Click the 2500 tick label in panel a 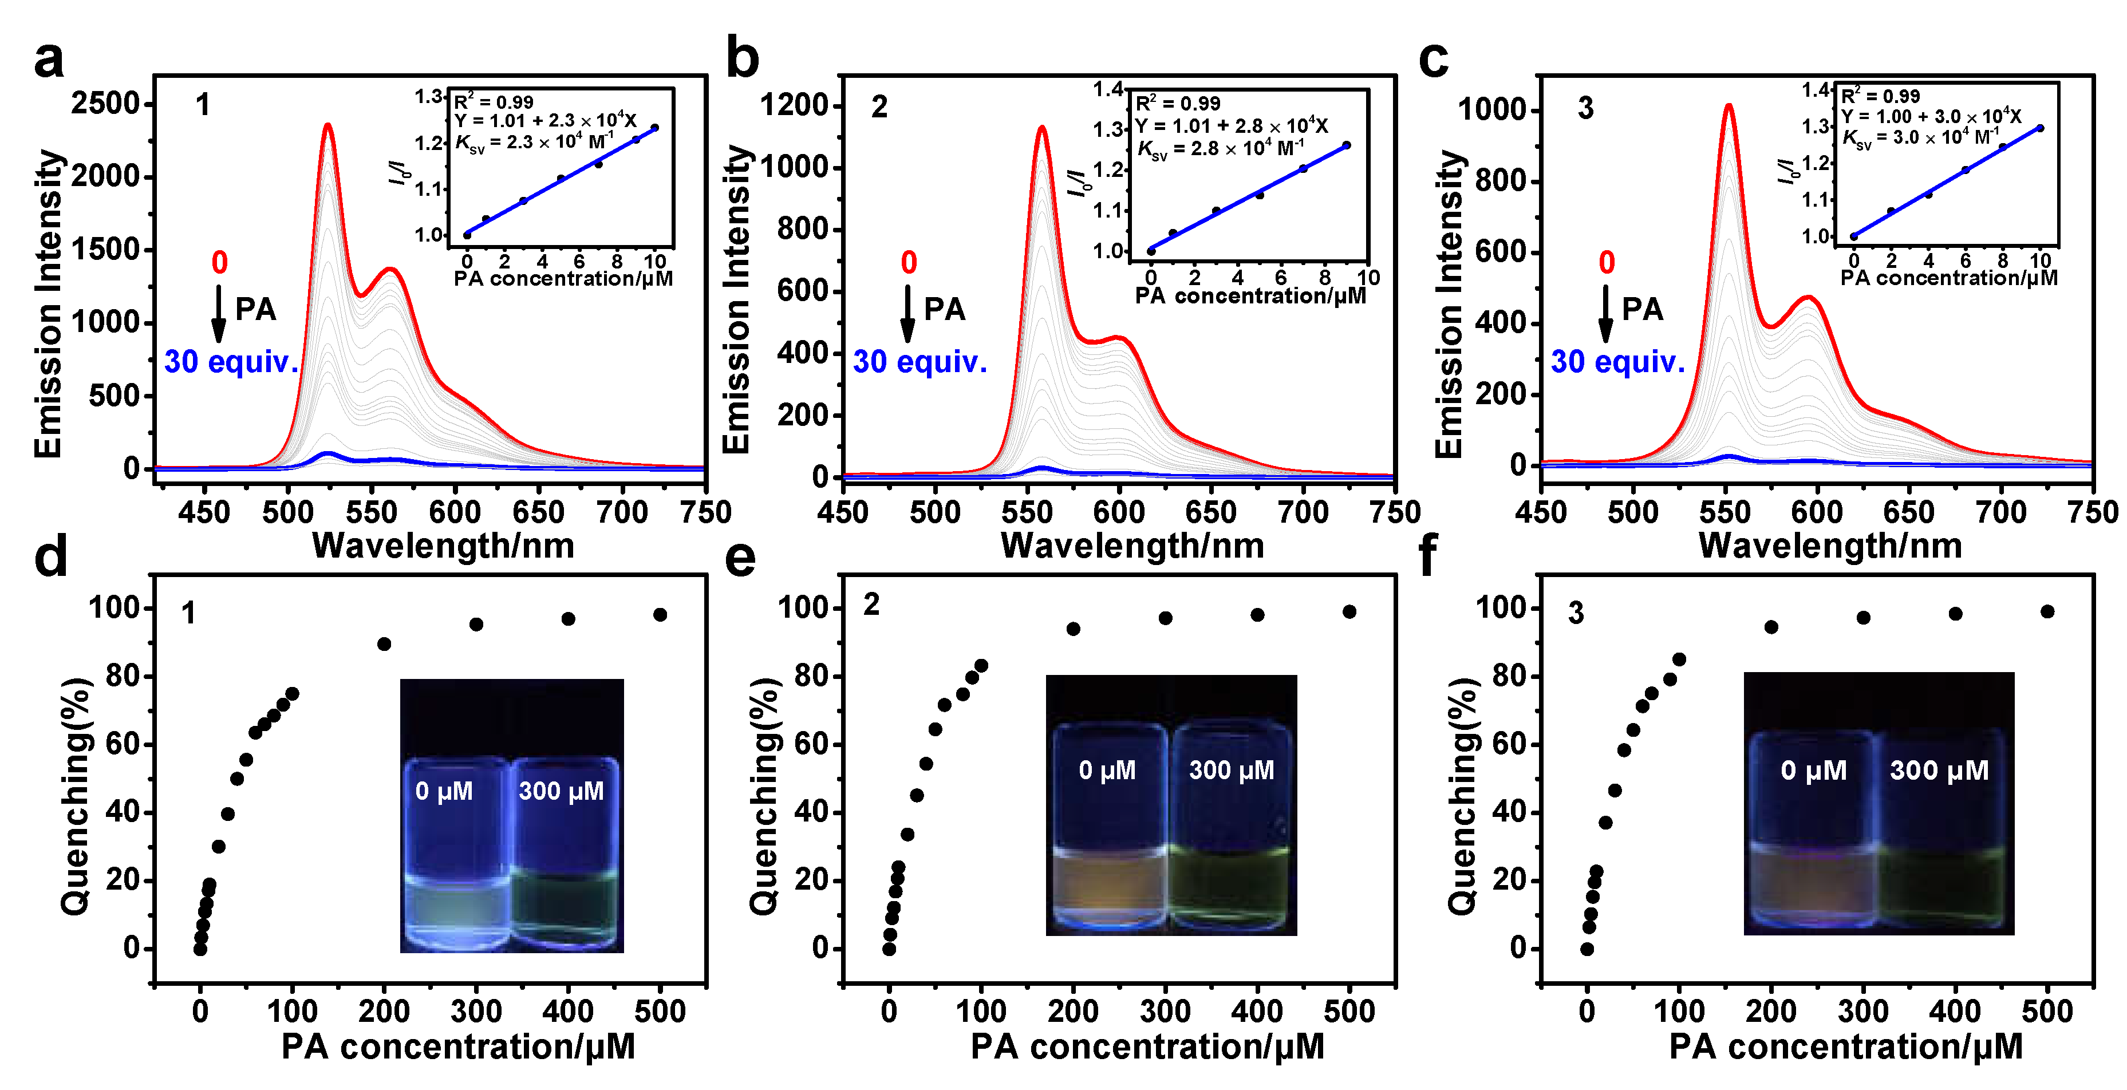pos(106,104)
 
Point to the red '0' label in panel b pos(908,263)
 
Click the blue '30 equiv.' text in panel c pos(1617,362)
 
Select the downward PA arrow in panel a pos(219,314)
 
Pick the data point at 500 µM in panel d pos(660,614)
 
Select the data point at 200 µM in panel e pos(1074,629)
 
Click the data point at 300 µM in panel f pos(1864,618)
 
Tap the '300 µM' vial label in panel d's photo pos(562,791)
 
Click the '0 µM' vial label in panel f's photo pos(1813,771)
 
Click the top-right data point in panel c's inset pos(2041,128)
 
